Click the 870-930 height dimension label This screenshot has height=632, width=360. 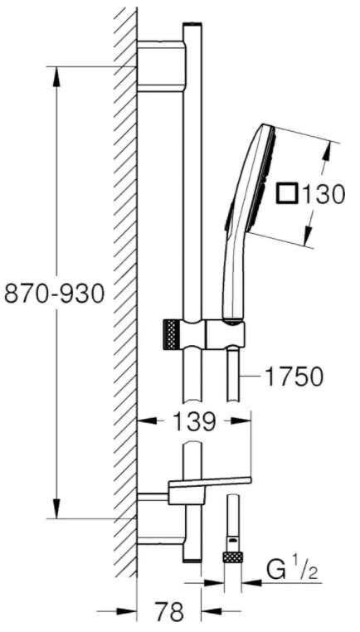(55, 294)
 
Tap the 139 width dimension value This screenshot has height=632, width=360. (194, 422)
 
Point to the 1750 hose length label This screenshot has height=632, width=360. (294, 377)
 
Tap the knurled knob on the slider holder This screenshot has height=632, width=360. (171, 334)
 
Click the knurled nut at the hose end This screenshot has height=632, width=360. (232, 557)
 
